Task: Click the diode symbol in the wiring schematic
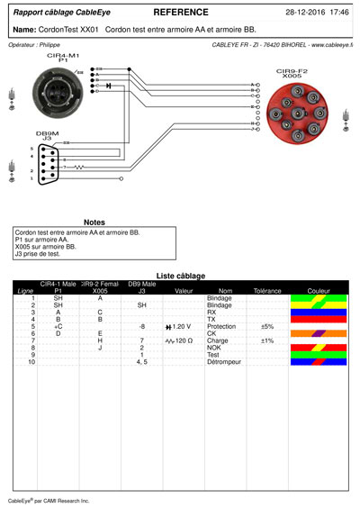click(108, 86)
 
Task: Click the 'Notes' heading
click(94, 222)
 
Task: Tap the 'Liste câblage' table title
click(180, 276)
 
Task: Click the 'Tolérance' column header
click(267, 292)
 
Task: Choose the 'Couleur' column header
click(318, 292)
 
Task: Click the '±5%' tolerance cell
click(266, 326)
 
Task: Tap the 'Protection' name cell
click(220, 326)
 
